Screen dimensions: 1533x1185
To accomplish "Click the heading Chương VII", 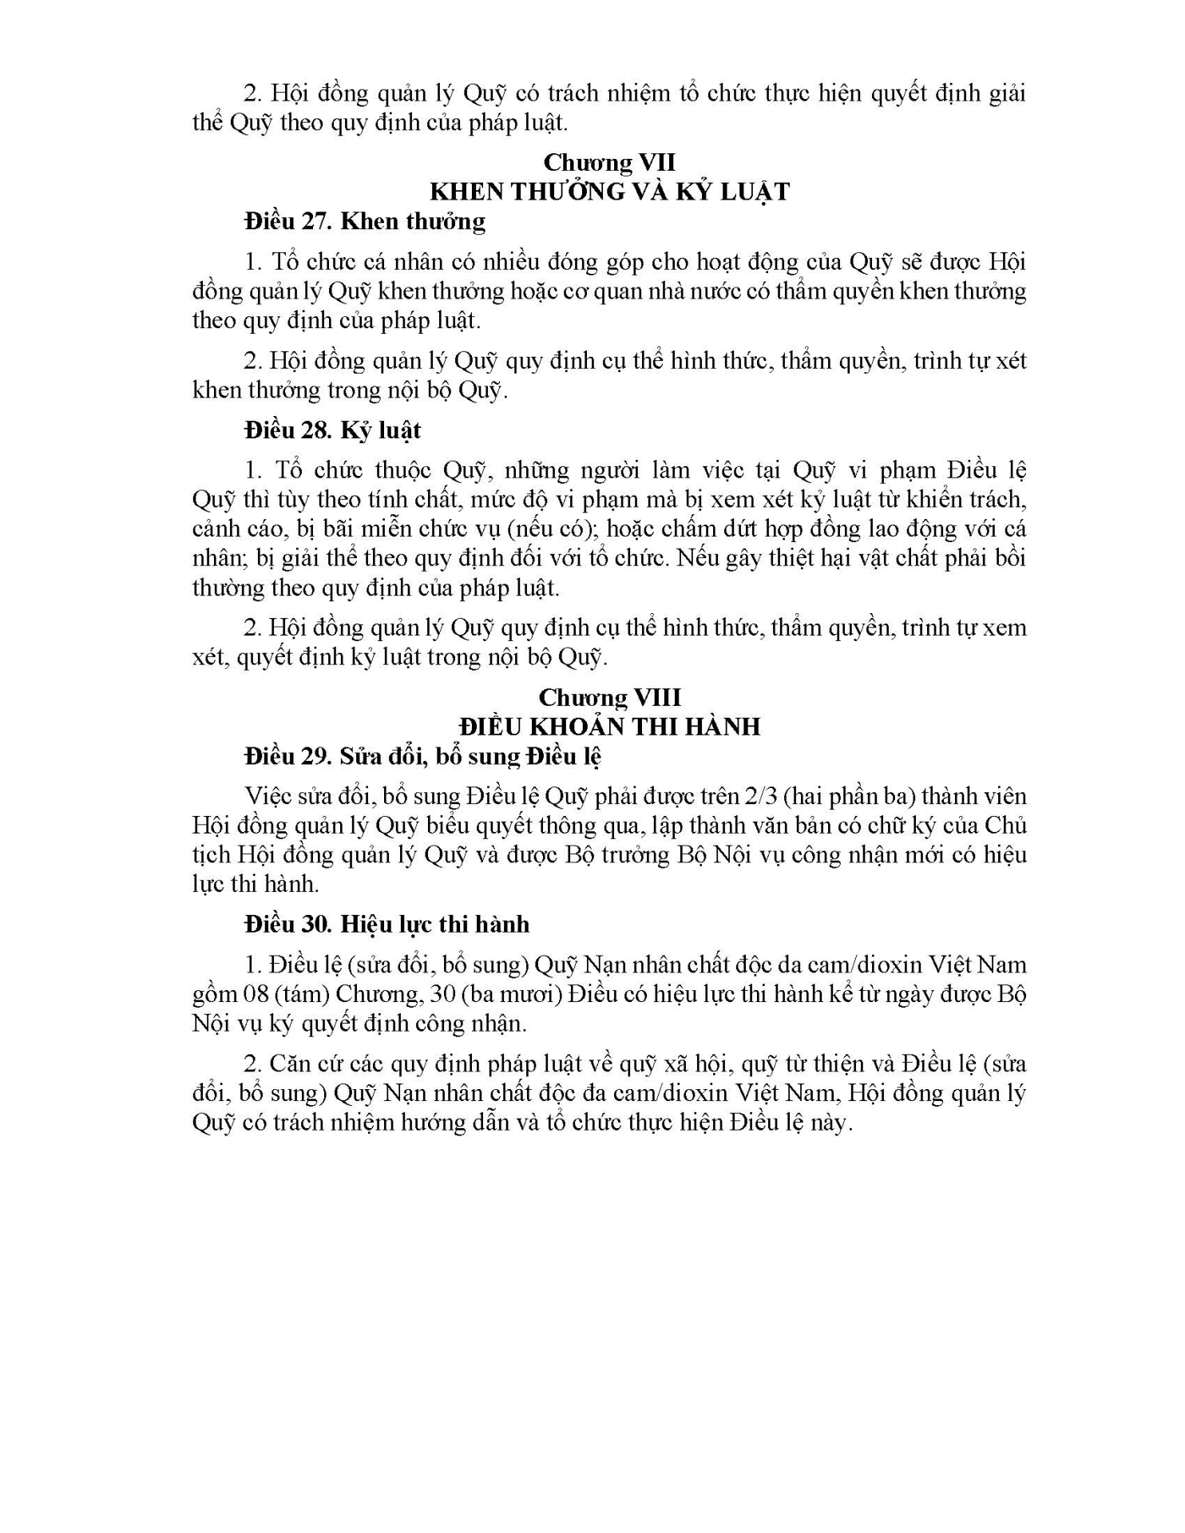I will point(609,162).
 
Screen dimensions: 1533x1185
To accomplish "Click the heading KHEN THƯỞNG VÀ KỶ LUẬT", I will point(609,192).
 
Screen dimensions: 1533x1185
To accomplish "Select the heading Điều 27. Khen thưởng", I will point(365,221).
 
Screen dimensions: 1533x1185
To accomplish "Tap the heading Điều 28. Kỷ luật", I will point(333,430).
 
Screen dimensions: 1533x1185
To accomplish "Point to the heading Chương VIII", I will point(609,697).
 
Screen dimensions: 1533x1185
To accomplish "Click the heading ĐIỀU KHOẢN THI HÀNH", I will point(609,727).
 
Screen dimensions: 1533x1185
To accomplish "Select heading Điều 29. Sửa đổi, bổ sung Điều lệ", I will point(423,756).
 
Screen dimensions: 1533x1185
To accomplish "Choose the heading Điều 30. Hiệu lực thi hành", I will point(387,925).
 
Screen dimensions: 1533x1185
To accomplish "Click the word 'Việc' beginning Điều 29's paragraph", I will point(267,797).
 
